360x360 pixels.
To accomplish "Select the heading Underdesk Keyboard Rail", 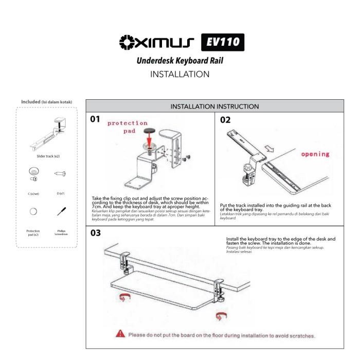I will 179,61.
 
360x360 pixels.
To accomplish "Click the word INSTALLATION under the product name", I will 179,74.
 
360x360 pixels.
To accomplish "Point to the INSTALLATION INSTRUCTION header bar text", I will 214,106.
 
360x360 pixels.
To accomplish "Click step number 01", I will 95,119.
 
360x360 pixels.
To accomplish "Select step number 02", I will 225,120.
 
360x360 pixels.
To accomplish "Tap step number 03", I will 96,232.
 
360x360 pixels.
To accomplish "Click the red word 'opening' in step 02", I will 315,154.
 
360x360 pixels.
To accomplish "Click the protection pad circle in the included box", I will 33,211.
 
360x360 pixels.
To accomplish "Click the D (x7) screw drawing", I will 60,173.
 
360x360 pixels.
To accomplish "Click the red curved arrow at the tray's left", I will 123,297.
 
